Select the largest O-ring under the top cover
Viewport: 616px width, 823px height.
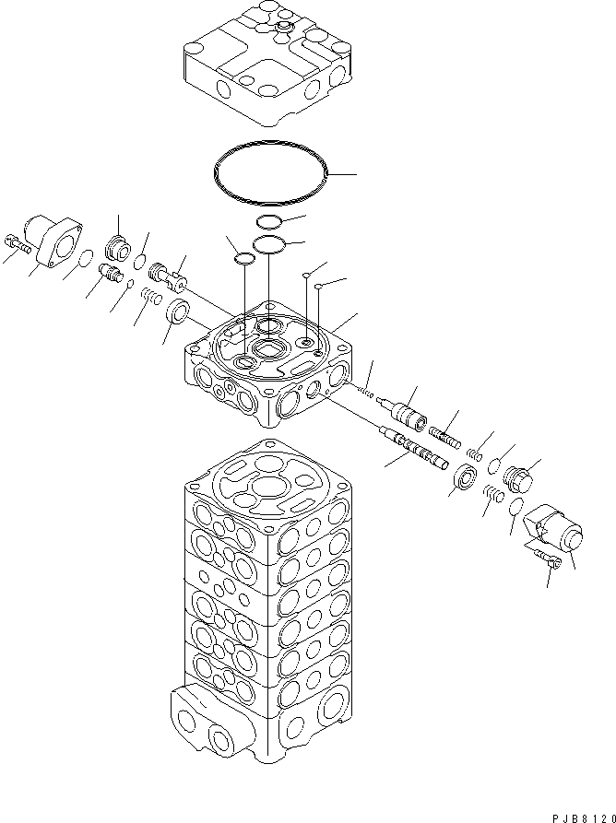coord(270,172)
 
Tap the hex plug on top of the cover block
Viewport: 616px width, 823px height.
coord(280,31)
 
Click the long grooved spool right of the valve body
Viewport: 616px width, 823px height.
coord(410,447)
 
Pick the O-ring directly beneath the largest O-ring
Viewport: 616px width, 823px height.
coord(268,220)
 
